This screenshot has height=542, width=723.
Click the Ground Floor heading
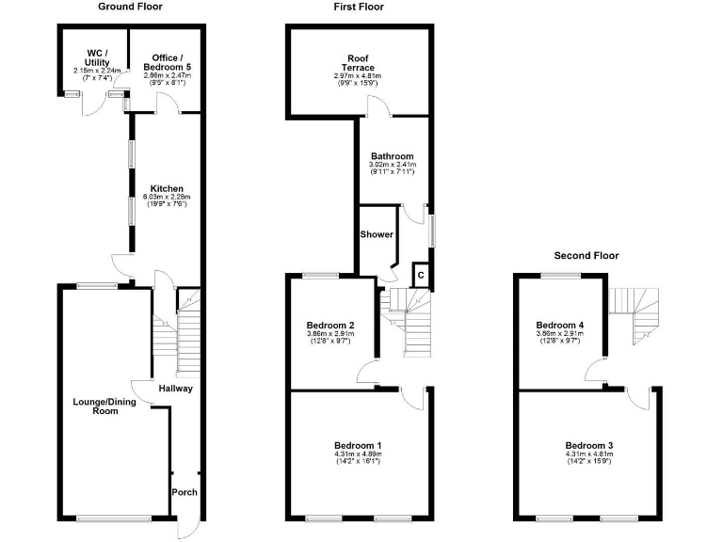(x=130, y=7)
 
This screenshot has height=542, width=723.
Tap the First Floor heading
(x=358, y=7)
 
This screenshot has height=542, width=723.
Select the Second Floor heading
(x=586, y=255)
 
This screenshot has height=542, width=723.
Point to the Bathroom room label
(x=392, y=156)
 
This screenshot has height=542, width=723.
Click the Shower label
(x=377, y=234)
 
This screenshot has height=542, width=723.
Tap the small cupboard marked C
(x=421, y=275)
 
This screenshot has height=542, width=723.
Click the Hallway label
(x=175, y=389)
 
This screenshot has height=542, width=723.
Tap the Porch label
(x=183, y=491)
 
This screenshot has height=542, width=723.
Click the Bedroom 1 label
(x=359, y=445)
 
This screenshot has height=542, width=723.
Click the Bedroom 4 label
(x=559, y=325)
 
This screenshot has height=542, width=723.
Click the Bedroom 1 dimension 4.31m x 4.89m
(x=359, y=454)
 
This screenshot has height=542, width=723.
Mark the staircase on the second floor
(x=635, y=313)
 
